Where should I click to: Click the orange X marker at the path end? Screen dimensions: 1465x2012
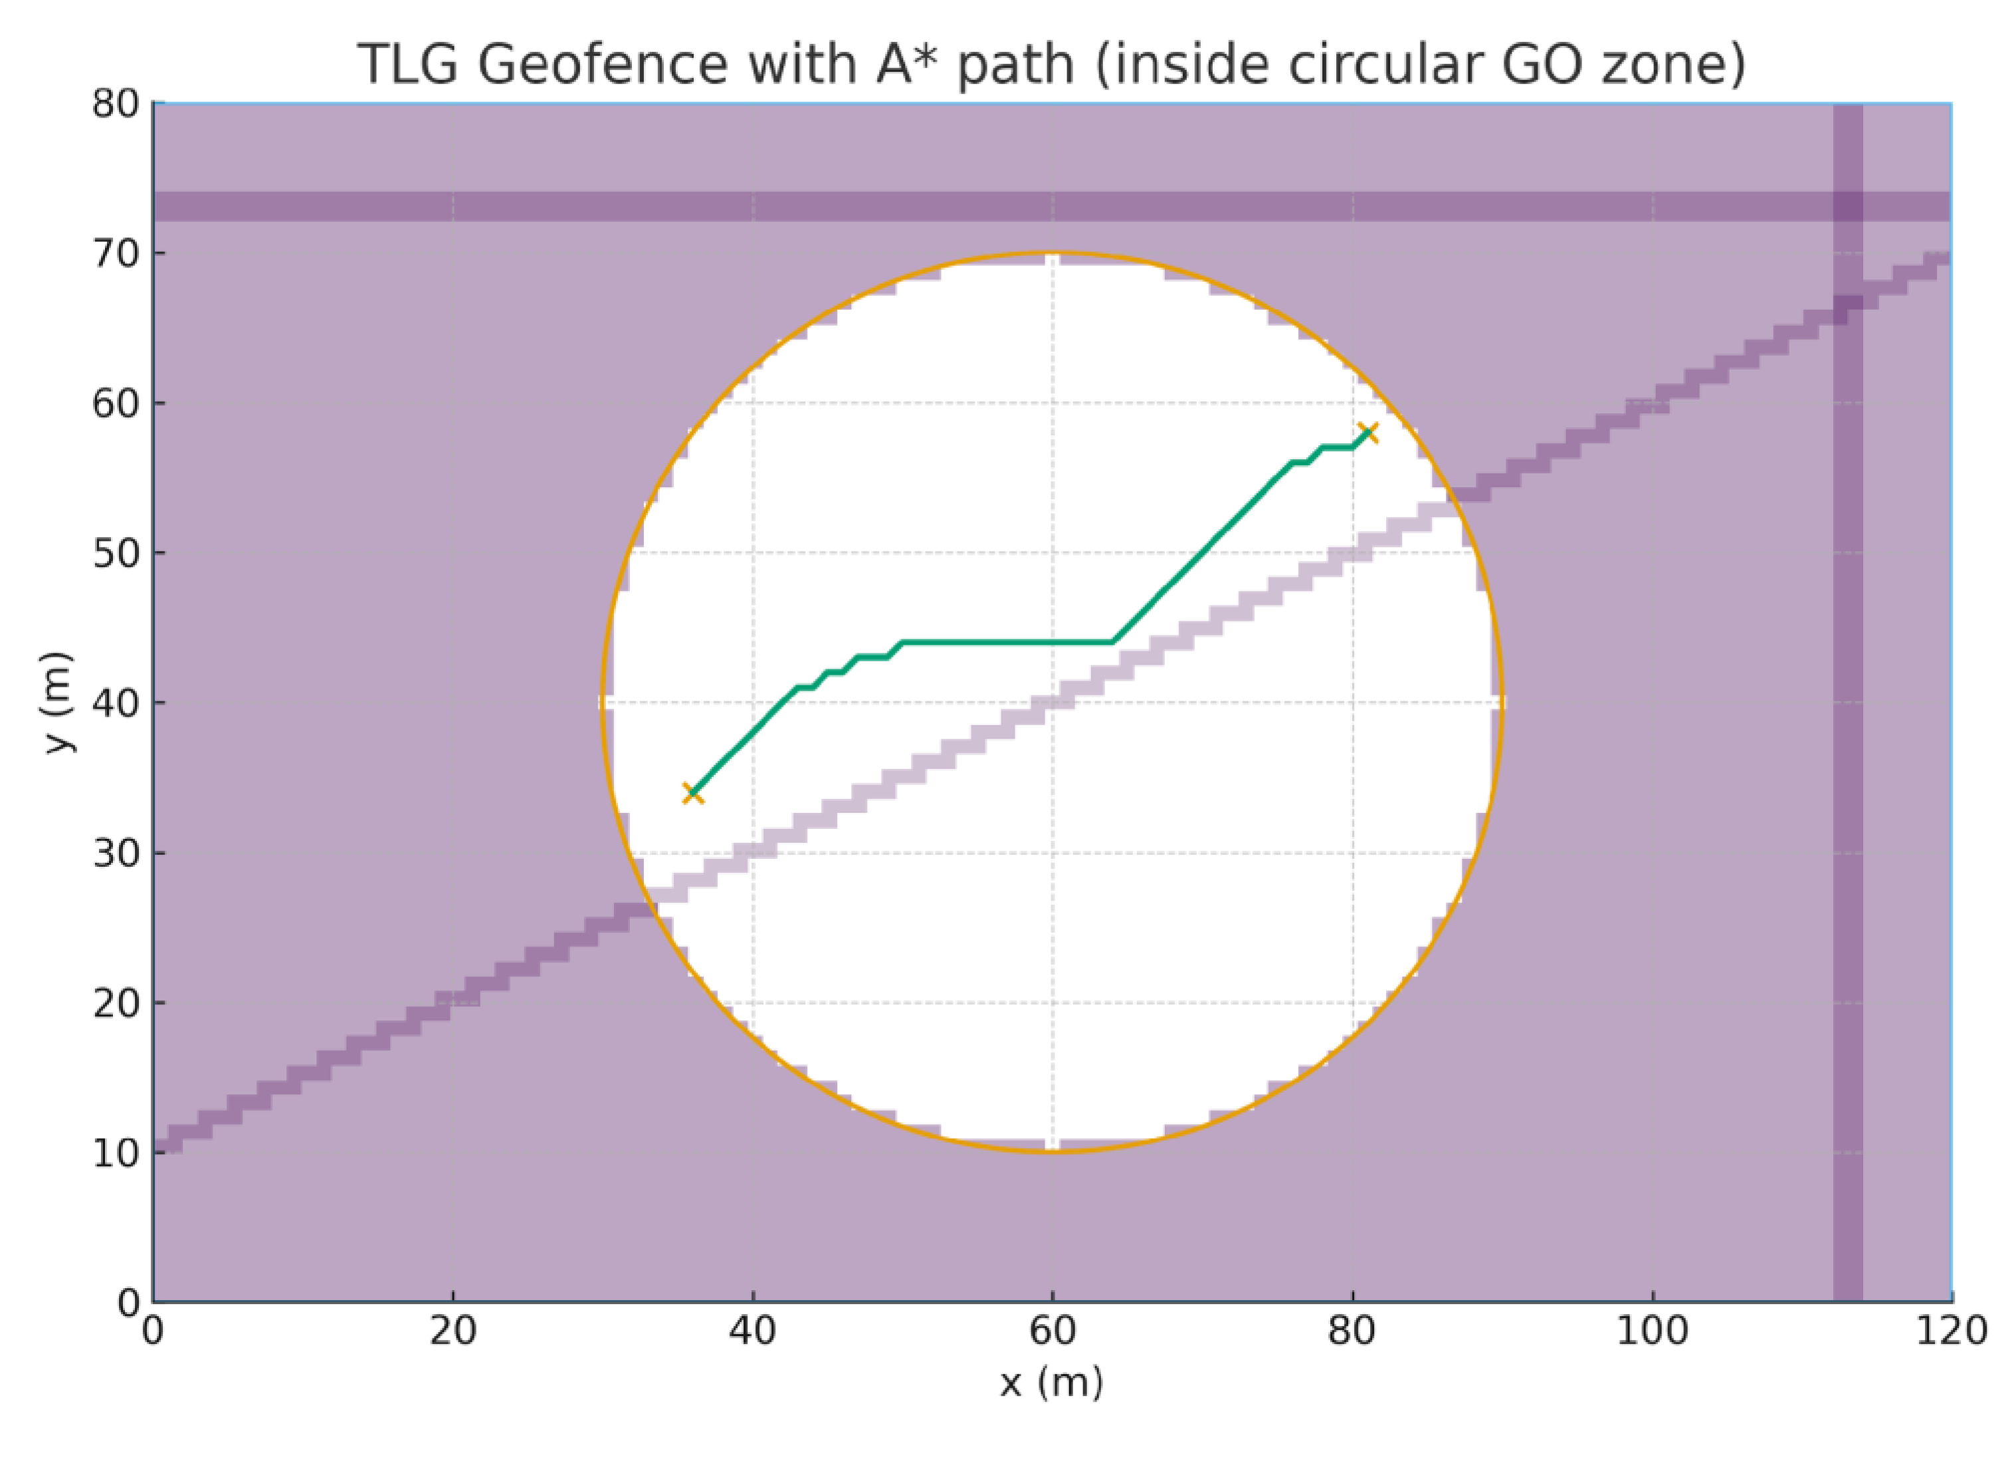click(x=1368, y=433)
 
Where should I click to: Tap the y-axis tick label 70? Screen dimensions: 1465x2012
click(x=116, y=255)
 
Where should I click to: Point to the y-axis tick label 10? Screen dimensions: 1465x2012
click(x=116, y=1153)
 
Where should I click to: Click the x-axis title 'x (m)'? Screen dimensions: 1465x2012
click(x=1052, y=1383)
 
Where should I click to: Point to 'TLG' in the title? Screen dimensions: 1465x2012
click(x=409, y=64)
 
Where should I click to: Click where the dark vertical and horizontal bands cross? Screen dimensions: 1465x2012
click(x=1848, y=206)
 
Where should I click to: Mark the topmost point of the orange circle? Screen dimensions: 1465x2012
click(x=1052, y=254)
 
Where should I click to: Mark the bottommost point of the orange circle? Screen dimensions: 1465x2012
click(x=1052, y=1151)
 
